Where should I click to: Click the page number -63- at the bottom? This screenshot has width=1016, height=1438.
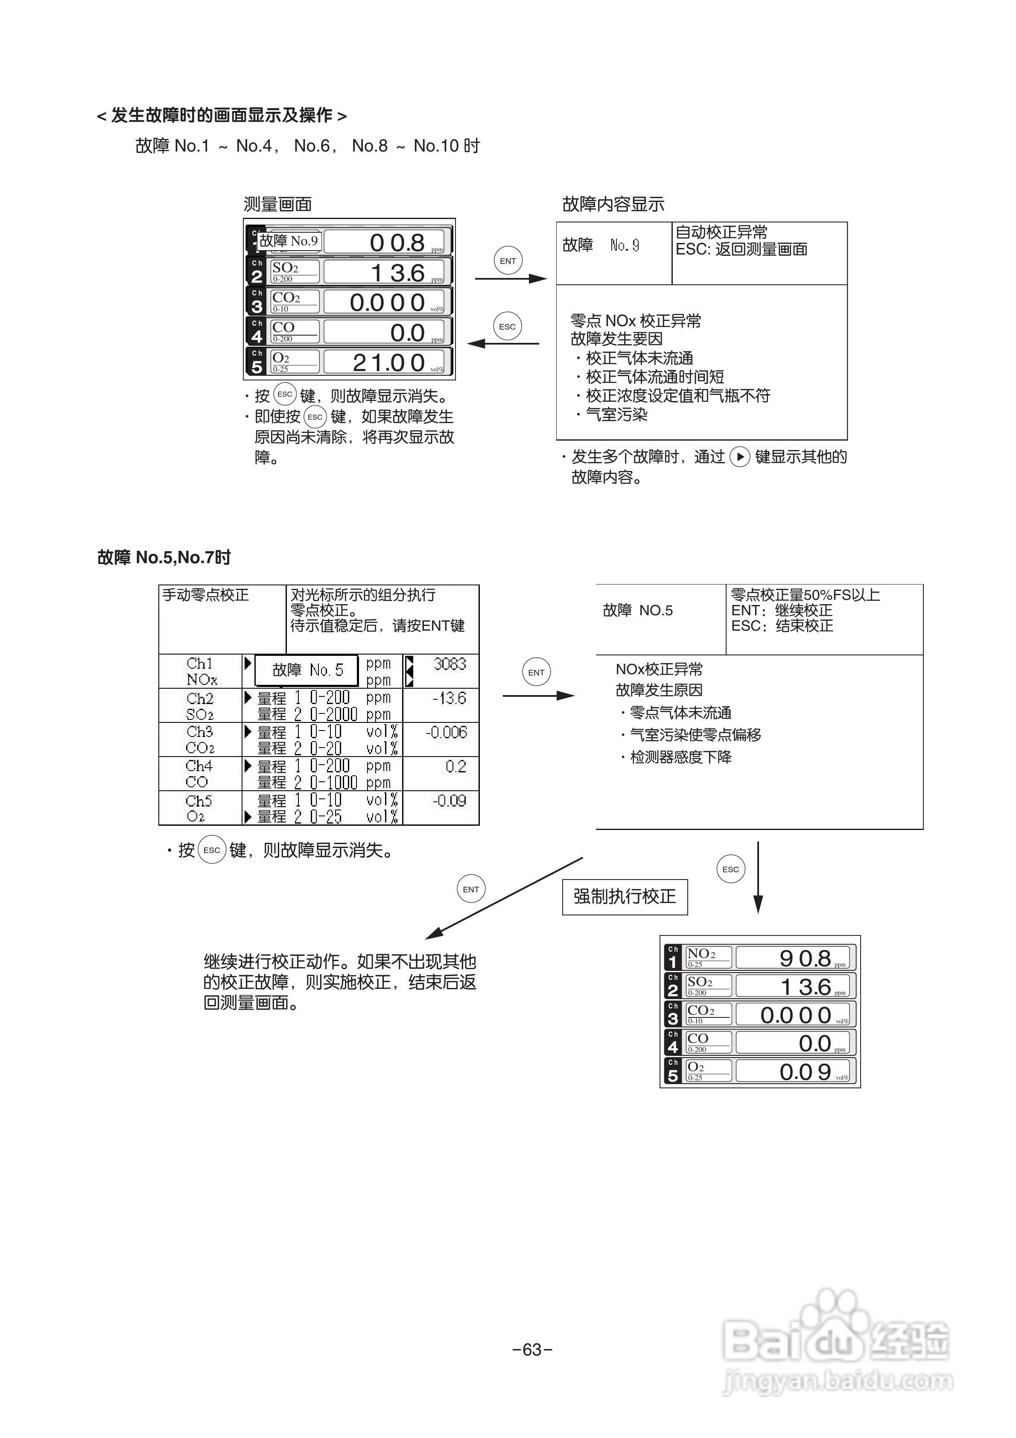click(x=532, y=1349)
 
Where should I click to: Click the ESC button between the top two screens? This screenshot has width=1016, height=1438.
click(x=508, y=326)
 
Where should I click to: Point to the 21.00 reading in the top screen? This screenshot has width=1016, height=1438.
click(x=388, y=362)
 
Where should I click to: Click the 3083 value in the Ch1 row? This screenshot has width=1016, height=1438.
click(x=450, y=664)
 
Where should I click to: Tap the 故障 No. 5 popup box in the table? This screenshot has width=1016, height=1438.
click(x=307, y=670)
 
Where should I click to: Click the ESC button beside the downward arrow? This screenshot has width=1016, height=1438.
click(x=730, y=869)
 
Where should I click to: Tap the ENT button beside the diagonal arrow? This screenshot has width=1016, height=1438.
click(x=471, y=889)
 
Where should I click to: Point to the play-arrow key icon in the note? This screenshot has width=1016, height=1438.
click(x=740, y=457)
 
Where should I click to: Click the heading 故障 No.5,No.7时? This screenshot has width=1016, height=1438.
click(x=164, y=558)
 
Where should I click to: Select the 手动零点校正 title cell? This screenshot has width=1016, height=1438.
click(x=205, y=595)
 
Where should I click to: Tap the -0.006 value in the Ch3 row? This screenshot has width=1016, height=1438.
click(x=446, y=732)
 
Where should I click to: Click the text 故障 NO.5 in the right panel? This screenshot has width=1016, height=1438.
click(x=638, y=611)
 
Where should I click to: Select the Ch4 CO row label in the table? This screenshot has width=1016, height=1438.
click(x=199, y=774)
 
